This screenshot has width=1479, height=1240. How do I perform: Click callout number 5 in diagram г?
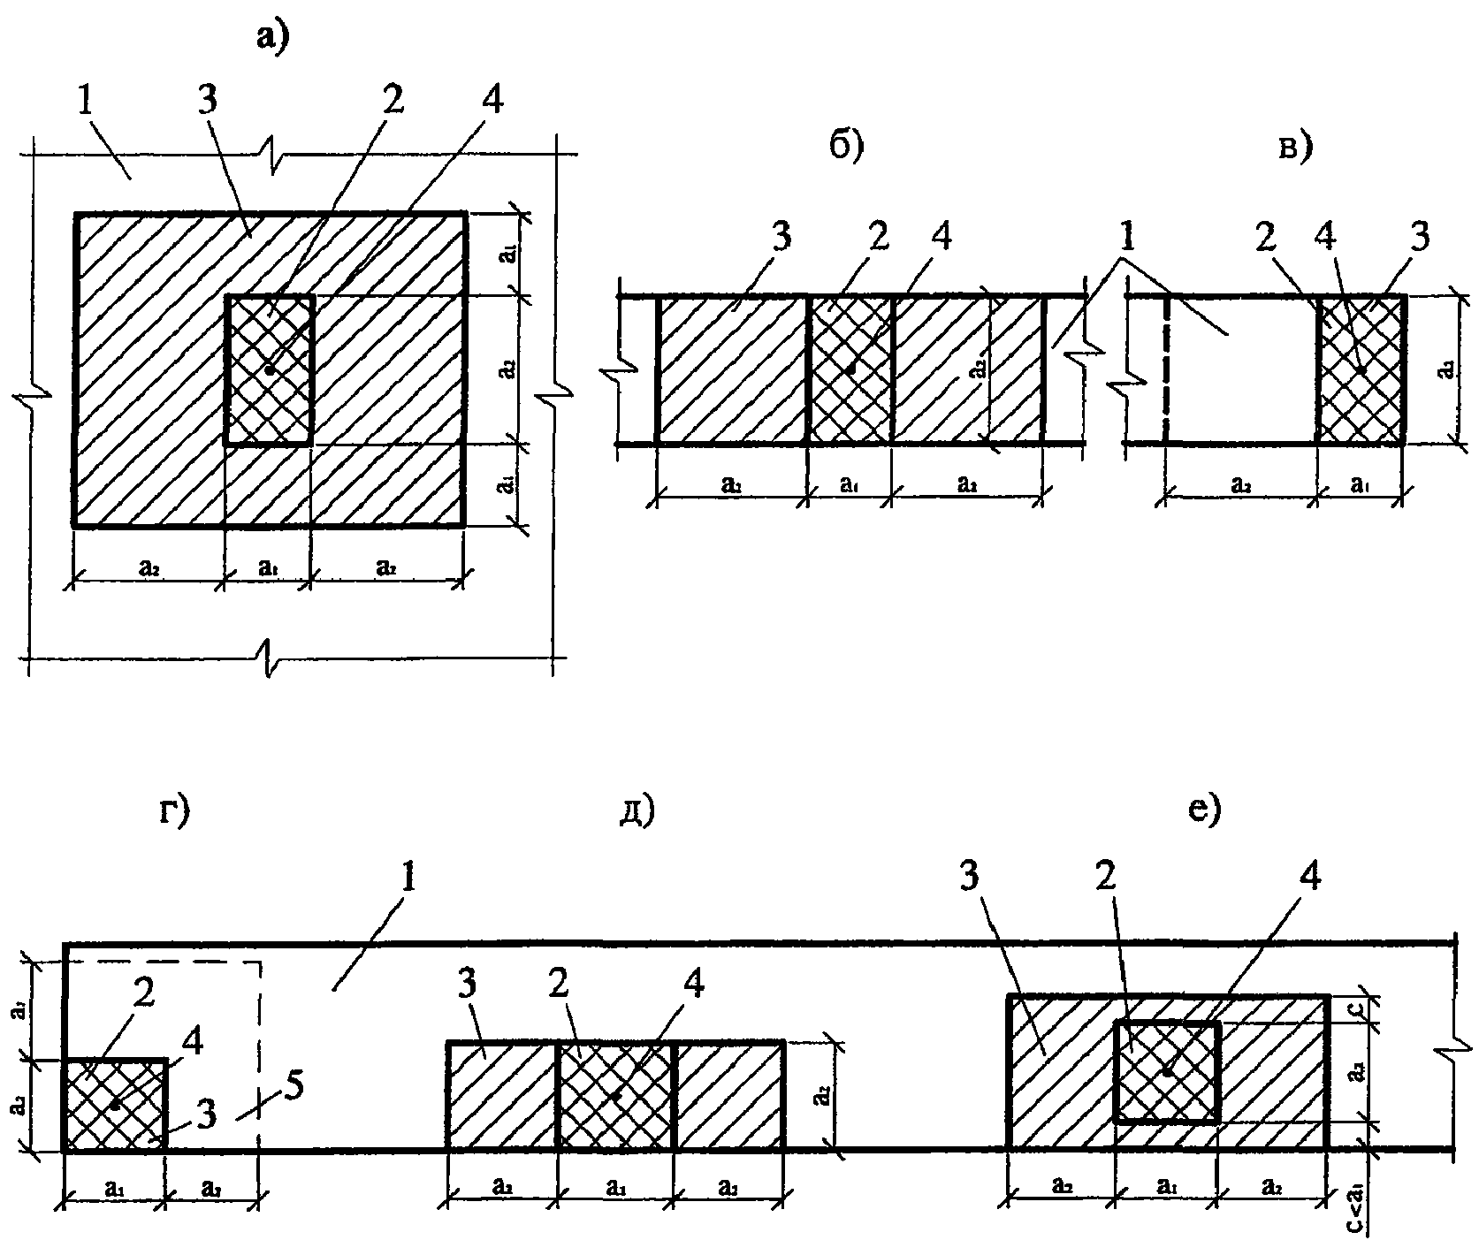coord(294,1087)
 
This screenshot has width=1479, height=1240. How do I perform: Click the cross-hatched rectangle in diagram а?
coord(270,369)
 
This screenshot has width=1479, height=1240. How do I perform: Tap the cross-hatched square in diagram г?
coord(115,1105)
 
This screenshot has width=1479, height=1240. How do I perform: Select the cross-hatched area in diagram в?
coord(1361,369)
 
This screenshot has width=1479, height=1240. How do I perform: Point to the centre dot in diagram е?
coord(1167,1071)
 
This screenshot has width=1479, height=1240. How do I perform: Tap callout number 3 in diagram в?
coord(1420,240)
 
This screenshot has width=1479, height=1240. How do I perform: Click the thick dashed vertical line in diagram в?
coord(1167,369)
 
